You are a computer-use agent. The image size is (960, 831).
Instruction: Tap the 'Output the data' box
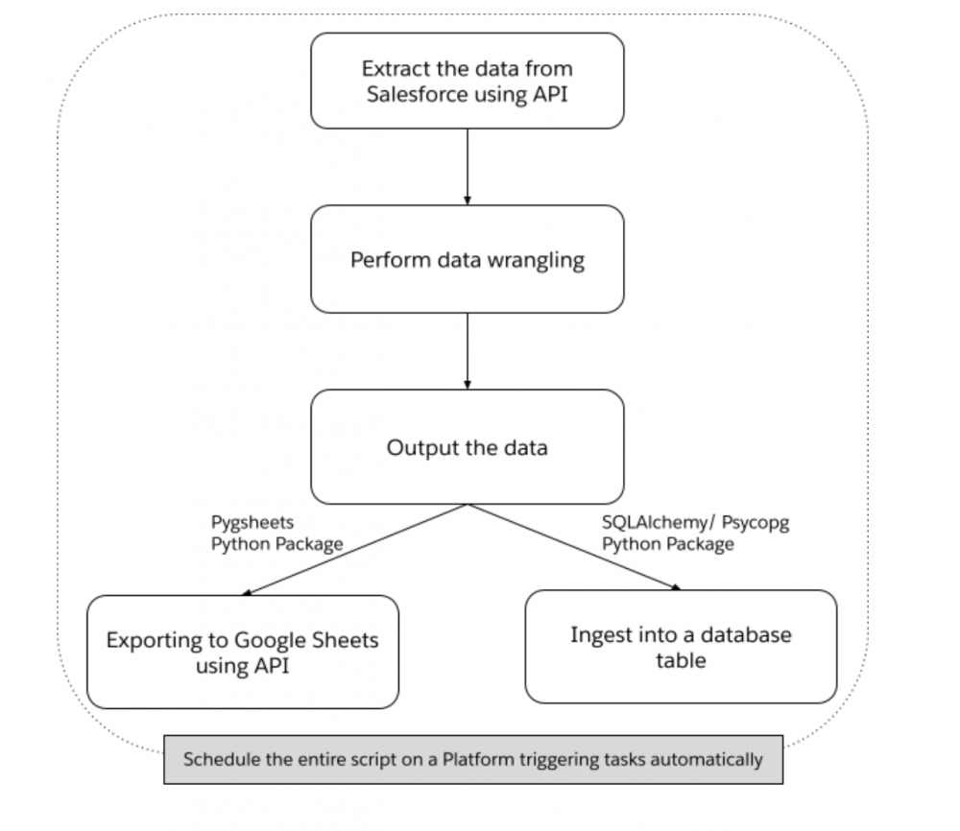[467, 447]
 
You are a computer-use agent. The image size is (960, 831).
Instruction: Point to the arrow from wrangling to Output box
[467, 349]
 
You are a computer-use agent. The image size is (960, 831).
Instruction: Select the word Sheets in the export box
[348, 640]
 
